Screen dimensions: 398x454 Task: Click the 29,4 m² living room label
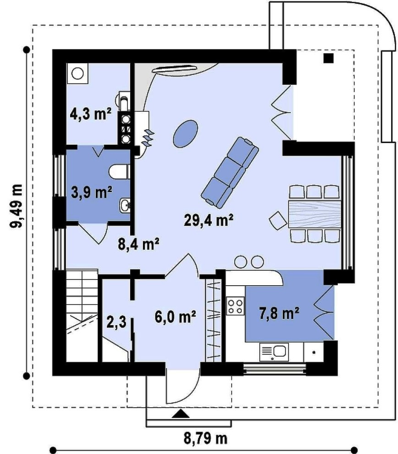[x=209, y=221]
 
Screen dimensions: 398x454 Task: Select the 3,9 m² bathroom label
[x=91, y=192]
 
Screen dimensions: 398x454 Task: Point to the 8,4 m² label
[x=138, y=244]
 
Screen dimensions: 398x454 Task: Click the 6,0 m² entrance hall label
[x=175, y=317]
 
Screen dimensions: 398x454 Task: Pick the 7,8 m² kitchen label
[x=279, y=313]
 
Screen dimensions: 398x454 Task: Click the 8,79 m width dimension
[x=205, y=439]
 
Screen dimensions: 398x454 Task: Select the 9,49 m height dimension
[x=17, y=206]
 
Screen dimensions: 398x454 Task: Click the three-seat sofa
[x=230, y=172]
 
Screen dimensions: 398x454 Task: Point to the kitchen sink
[x=274, y=352]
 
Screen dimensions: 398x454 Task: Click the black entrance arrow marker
[x=181, y=414]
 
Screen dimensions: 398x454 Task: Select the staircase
[x=82, y=316]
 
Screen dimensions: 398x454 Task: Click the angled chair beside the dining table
[x=278, y=221]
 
